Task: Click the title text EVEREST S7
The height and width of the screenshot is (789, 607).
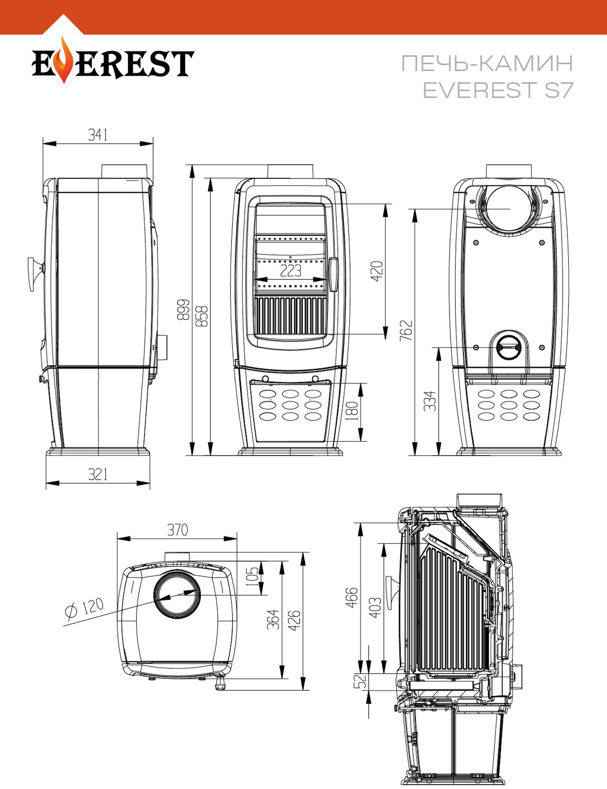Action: (x=497, y=90)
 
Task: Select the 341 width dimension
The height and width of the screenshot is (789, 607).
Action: (x=97, y=135)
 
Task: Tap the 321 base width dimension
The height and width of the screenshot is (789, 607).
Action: (x=97, y=474)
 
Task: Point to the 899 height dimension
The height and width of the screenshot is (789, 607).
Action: (x=183, y=309)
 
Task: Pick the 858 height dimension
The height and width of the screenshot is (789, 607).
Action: (x=202, y=316)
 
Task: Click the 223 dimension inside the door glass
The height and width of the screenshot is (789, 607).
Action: (x=290, y=271)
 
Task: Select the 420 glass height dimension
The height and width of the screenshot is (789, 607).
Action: (x=377, y=271)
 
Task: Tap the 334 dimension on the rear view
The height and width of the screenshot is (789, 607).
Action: (x=430, y=401)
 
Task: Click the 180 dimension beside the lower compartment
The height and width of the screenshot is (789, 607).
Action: (x=352, y=411)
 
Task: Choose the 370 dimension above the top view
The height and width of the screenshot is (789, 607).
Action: (x=177, y=530)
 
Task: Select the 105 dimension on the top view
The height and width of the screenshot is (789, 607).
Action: (x=252, y=576)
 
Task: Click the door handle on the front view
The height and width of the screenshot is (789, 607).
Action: (x=333, y=275)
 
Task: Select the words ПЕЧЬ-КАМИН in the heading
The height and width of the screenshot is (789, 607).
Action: (x=487, y=63)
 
